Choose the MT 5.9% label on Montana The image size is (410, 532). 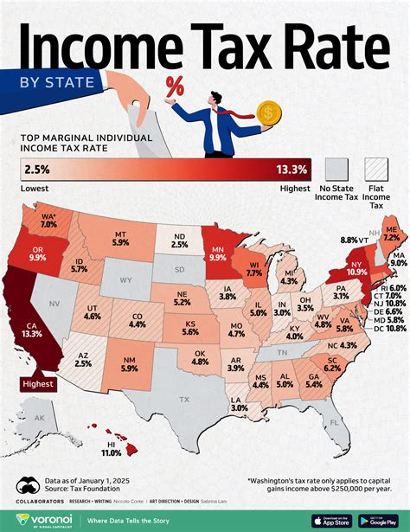point(121,239)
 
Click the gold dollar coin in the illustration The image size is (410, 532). point(270,112)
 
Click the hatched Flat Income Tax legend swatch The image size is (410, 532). point(377,167)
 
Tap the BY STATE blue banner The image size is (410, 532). point(48,84)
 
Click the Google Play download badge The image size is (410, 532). point(377,519)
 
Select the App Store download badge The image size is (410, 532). point(331,519)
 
